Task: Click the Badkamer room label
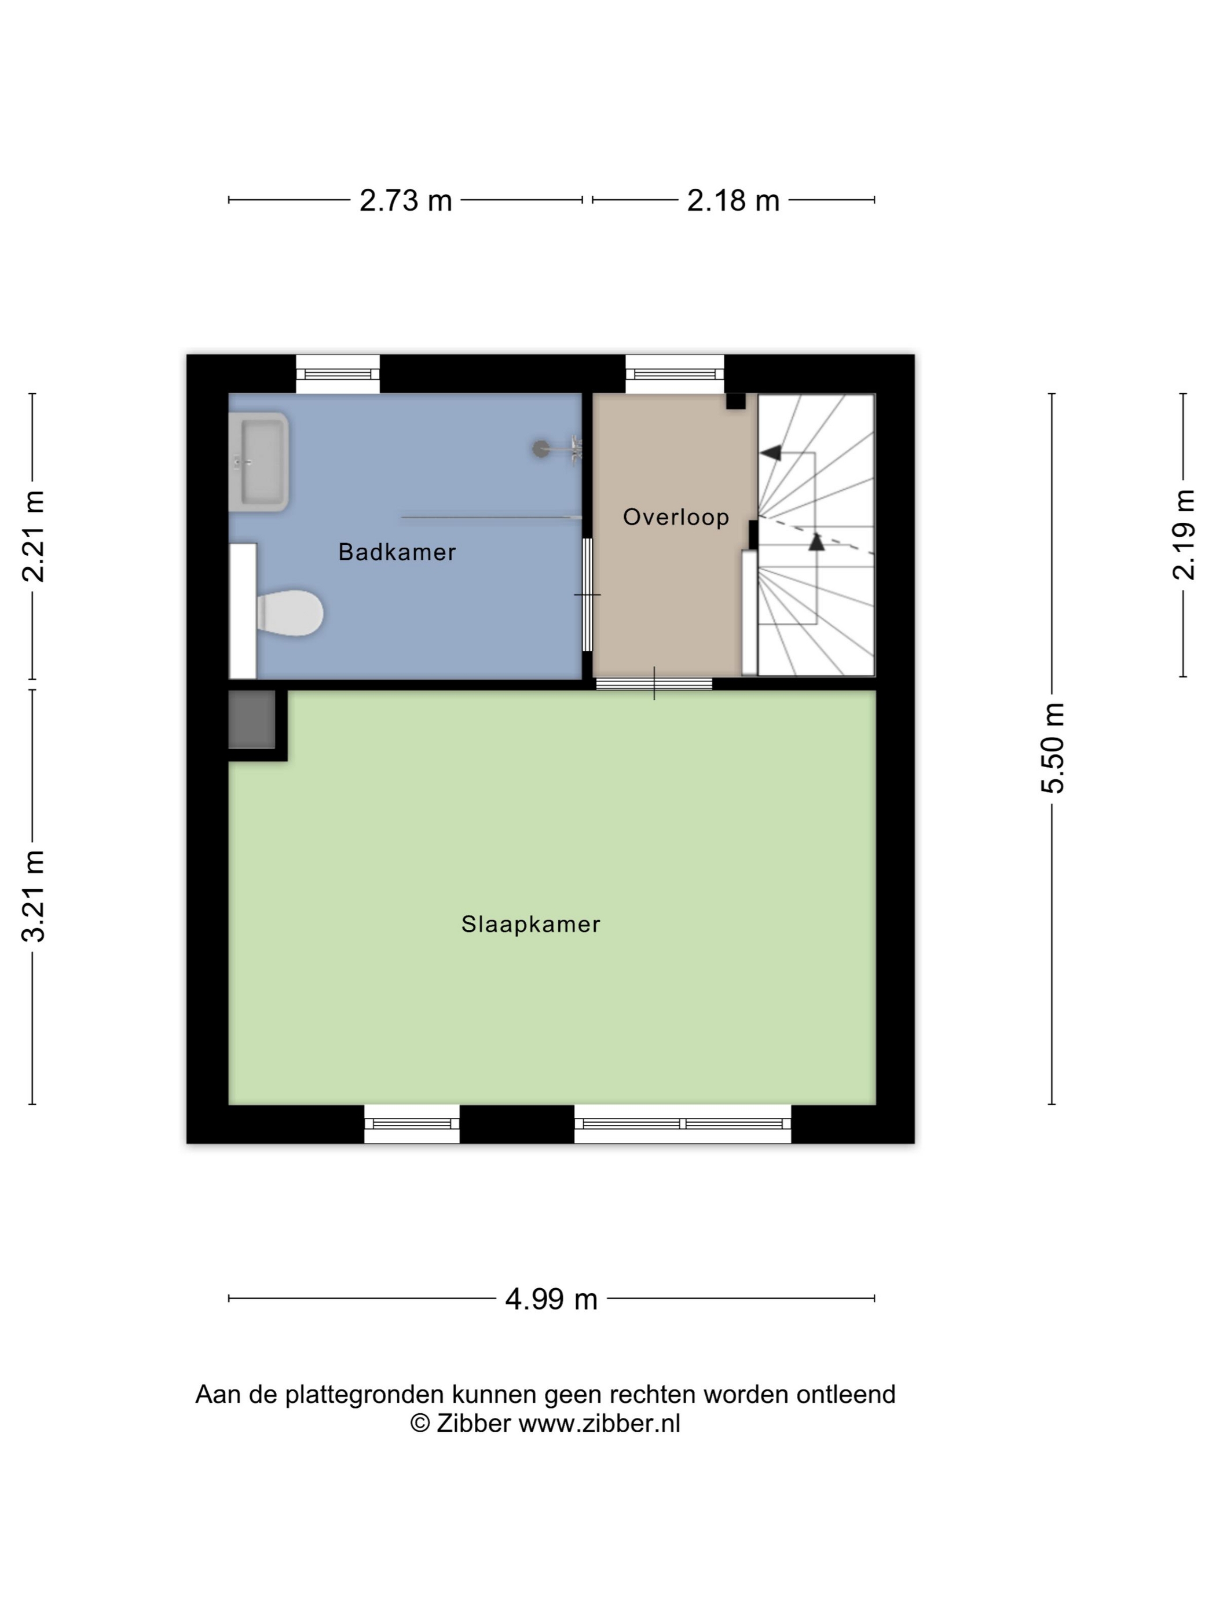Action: tap(397, 552)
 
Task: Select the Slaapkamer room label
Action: tap(530, 924)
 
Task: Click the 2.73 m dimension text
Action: tap(405, 200)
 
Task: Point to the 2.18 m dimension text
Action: tap(733, 200)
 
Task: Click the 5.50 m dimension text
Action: tap(1053, 748)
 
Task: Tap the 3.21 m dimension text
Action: tap(34, 896)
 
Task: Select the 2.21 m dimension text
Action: tap(34, 537)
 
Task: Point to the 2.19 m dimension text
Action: tap(1184, 535)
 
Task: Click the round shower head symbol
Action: tap(540, 449)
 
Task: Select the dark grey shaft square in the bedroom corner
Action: tap(251, 720)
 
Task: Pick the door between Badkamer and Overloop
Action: tap(587, 595)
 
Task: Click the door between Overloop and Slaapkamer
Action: tap(654, 684)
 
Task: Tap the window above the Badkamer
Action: tap(338, 375)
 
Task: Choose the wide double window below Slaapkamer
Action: tap(682, 1124)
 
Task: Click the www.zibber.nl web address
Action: tap(599, 1423)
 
